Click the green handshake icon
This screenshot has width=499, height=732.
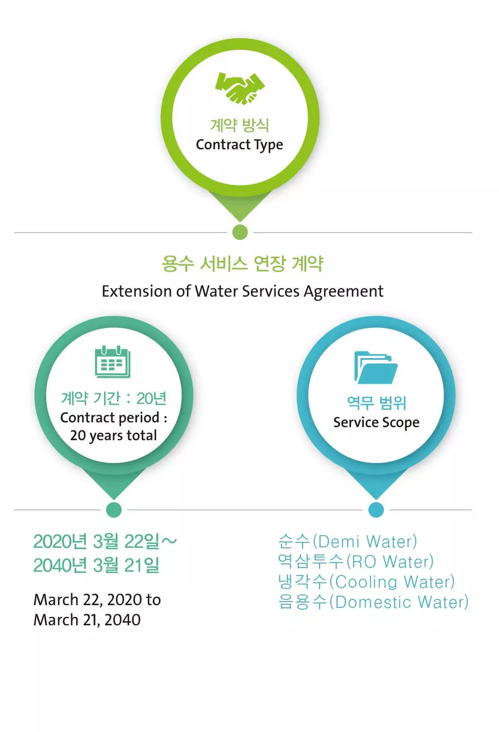tap(240, 88)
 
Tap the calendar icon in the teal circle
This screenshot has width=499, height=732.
tap(113, 361)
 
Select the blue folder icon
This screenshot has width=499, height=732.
tap(376, 367)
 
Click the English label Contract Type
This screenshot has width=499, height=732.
tap(239, 145)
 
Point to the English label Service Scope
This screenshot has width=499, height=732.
tap(376, 423)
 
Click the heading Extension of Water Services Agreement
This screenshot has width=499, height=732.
tap(243, 291)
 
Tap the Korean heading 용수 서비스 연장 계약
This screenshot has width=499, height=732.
tap(243, 263)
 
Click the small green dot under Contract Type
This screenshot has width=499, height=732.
tap(240, 232)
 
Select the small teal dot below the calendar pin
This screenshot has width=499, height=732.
tap(114, 510)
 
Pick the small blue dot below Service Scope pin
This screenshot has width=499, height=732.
tap(376, 510)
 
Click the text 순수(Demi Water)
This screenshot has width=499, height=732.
tap(348, 541)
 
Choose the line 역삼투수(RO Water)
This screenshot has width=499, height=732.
tap(356, 562)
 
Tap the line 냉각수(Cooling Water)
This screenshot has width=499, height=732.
tap(366, 582)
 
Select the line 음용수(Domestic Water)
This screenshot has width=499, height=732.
tap(374, 602)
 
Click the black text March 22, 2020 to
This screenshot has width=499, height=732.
tap(97, 600)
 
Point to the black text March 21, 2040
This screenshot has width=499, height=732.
tap(87, 620)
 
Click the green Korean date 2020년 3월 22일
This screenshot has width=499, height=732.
tap(97, 541)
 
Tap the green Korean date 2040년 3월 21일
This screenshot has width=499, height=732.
tap(97, 565)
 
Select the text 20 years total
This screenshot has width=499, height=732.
tap(114, 435)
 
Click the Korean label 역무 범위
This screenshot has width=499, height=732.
tap(376, 402)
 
